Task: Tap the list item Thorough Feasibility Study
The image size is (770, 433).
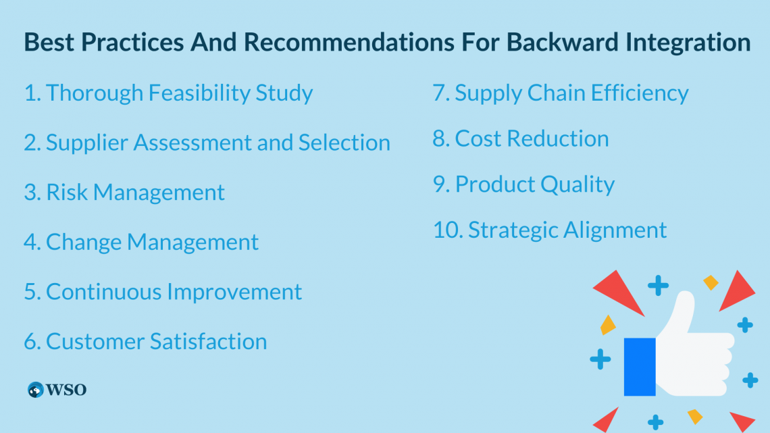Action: (x=168, y=93)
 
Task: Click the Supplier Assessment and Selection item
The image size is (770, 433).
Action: (x=207, y=143)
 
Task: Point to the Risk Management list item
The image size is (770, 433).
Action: (x=124, y=193)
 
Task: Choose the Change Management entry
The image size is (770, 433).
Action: (x=141, y=242)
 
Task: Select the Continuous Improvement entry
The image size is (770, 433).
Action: (x=163, y=292)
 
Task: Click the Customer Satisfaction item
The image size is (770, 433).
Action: (x=145, y=341)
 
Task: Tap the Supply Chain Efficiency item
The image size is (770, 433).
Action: (x=561, y=93)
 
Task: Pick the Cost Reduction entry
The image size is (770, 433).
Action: (x=521, y=138)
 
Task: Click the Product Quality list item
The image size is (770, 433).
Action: (x=523, y=184)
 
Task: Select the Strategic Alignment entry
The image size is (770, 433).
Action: (x=550, y=230)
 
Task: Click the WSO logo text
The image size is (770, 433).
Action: (x=66, y=390)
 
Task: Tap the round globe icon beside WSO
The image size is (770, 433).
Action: (x=35, y=390)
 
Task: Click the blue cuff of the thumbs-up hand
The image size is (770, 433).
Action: (x=639, y=366)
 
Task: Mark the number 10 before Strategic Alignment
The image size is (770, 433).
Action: (x=446, y=230)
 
